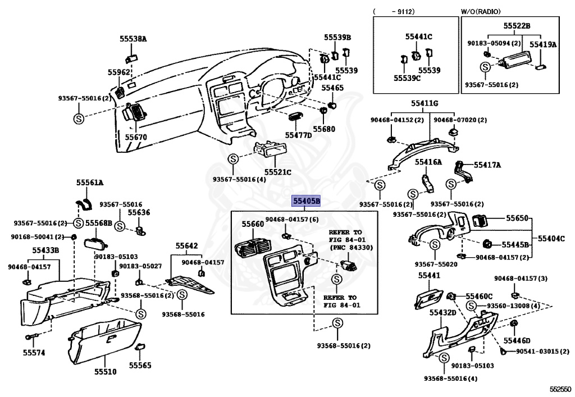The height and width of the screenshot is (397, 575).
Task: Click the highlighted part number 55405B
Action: tap(306, 200)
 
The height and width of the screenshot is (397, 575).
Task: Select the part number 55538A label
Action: tap(133, 39)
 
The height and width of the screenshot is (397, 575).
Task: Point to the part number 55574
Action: tap(34, 353)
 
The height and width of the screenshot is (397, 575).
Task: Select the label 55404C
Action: tap(551, 238)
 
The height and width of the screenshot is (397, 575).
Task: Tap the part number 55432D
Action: tap(442, 312)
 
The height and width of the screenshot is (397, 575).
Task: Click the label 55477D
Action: tap(298, 135)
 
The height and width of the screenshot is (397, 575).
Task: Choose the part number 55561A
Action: tap(90, 182)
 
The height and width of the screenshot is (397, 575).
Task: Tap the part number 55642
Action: tap(186, 245)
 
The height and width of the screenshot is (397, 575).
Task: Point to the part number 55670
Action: tap(135, 136)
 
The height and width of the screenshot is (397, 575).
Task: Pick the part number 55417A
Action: tap(487, 165)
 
